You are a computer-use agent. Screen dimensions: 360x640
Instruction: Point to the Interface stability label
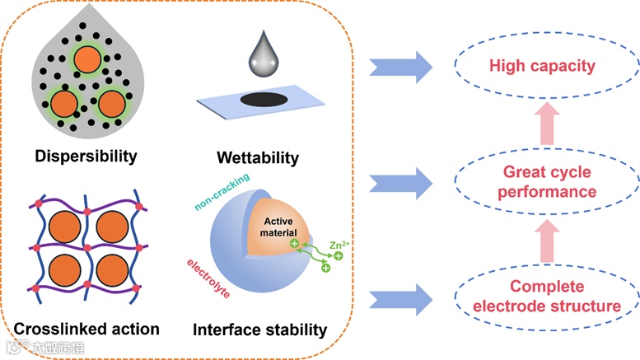[259, 330]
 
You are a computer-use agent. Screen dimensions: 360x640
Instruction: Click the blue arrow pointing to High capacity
[401, 64]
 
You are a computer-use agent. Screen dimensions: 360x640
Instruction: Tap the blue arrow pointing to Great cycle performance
[401, 181]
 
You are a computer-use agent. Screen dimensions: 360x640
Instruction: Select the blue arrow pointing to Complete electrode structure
[401, 297]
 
